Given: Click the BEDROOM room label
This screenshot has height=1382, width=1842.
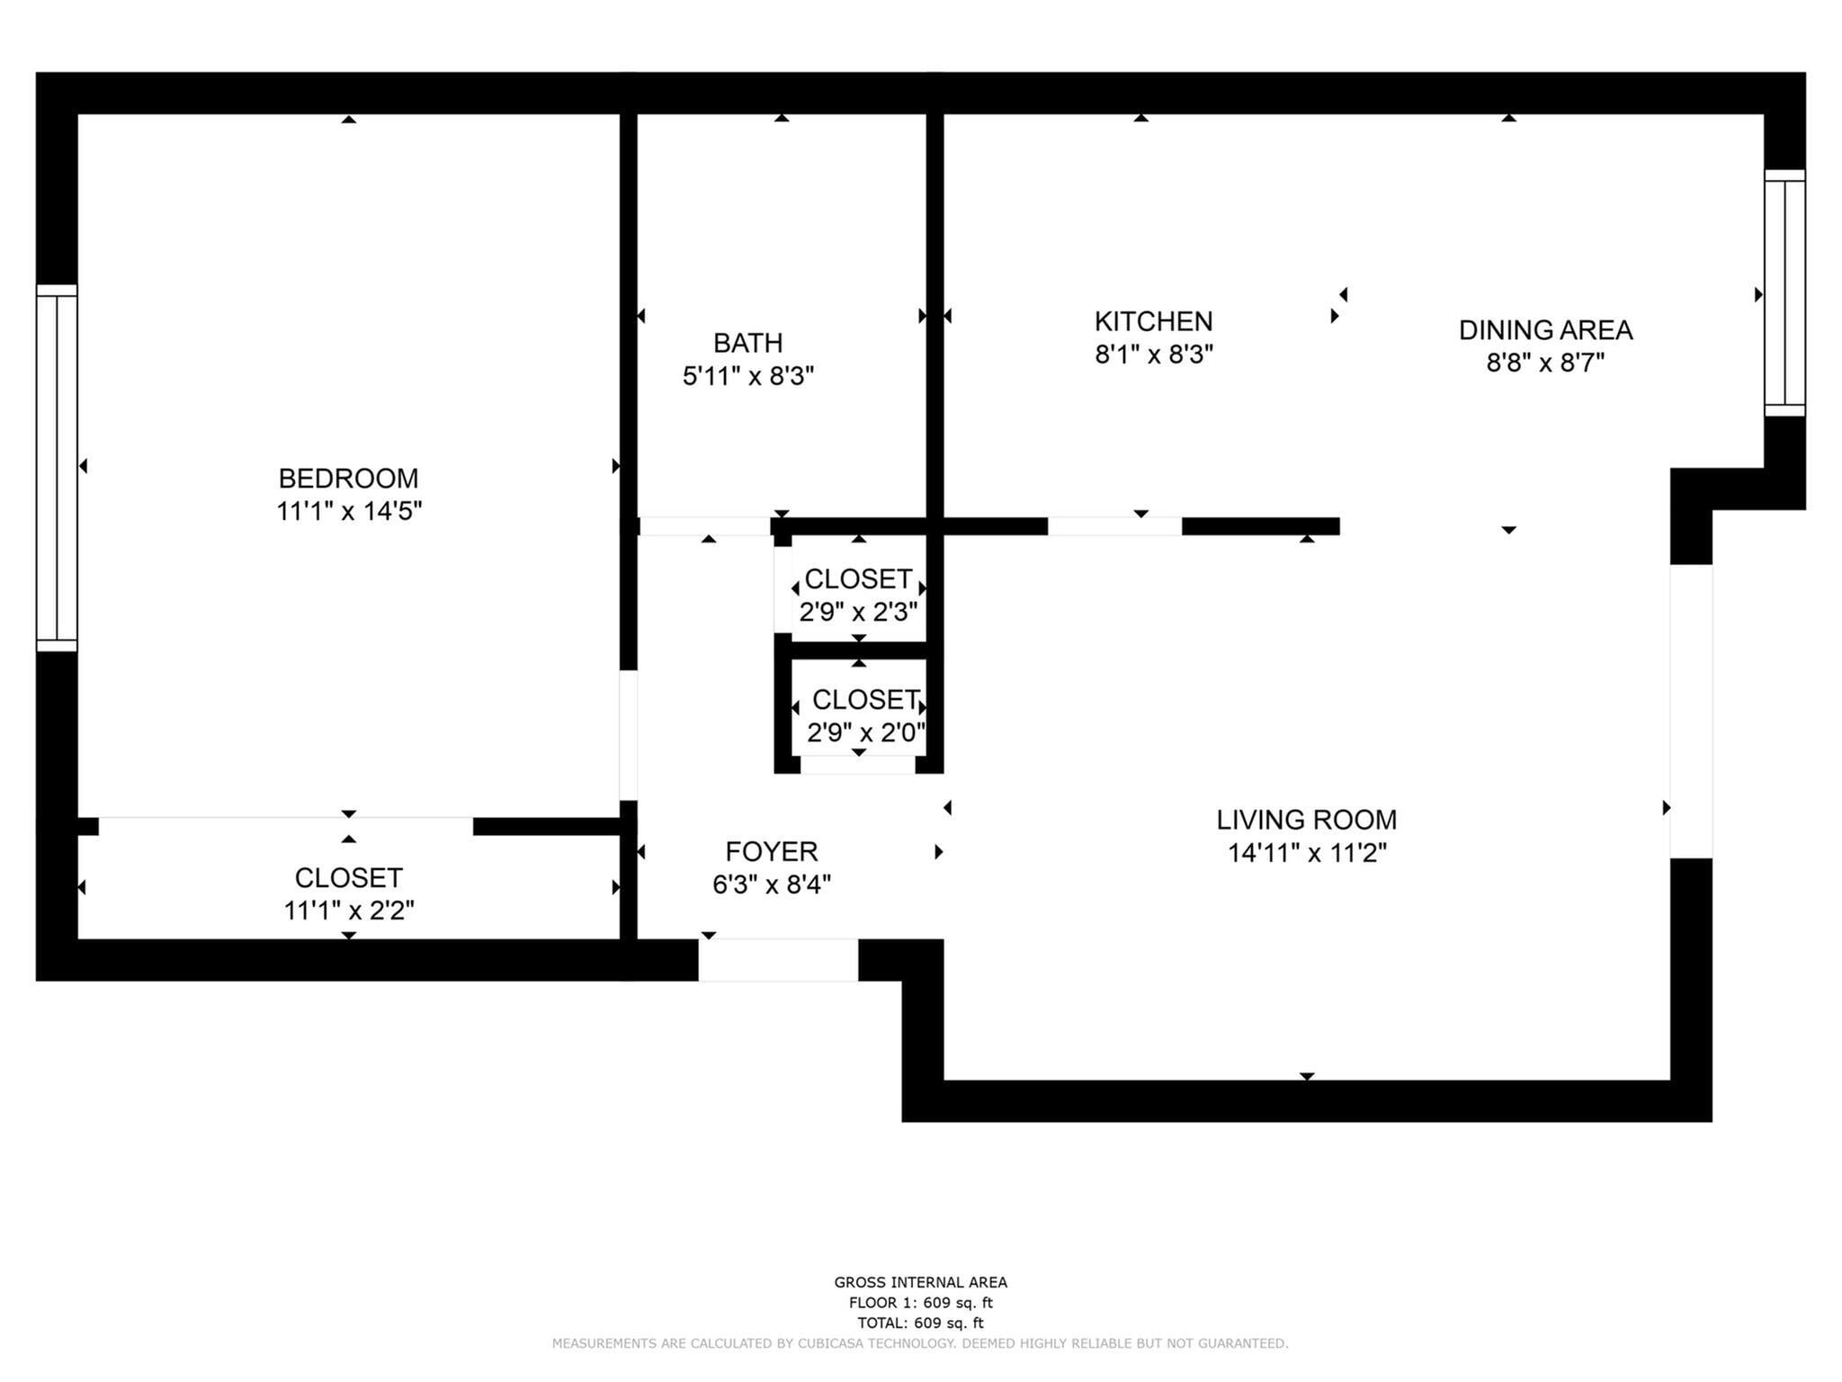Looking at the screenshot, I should click(348, 478).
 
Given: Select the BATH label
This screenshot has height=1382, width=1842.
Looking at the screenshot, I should click(747, 343).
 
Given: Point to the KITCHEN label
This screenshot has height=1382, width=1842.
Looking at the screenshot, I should click(1153, 321).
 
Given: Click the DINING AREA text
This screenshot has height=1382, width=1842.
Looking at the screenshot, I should click(1545, 330).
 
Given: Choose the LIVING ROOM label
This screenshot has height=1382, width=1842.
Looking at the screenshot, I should click(1306, 820).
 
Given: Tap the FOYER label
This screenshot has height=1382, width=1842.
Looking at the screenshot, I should click(771, 851).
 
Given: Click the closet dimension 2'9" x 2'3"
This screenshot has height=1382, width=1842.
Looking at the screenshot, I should click(858, 612).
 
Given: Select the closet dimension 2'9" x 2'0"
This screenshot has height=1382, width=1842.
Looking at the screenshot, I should click(865, 732).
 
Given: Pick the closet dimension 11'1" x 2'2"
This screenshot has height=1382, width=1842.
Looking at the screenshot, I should click(349, 911).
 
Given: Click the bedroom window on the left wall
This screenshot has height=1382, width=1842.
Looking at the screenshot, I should click(57, 468).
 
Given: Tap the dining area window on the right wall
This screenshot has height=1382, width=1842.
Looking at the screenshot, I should click(1784, 293).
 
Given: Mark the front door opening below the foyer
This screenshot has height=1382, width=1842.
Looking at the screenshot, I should click(778, 960).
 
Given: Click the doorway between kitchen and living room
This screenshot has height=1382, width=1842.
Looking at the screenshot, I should click(1114, 526).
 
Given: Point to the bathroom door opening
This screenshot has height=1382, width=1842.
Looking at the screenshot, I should click(704, 526).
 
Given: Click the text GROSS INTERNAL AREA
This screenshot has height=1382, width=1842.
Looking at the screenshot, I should click(920, 1282).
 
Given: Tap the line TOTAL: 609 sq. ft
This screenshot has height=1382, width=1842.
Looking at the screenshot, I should click(920, 1323).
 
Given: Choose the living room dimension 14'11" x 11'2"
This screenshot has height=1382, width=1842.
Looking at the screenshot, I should click(1307, 853).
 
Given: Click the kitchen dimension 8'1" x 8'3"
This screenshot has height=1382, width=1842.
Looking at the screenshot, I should click(1153, 354).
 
